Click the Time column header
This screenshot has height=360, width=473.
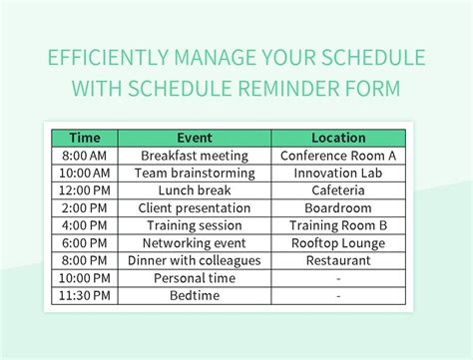(83, 139)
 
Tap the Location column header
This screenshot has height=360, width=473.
(338, 139)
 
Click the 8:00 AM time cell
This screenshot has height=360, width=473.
(83, 157)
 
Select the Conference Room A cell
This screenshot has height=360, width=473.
(338, 157)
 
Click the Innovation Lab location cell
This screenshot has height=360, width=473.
(338, 174)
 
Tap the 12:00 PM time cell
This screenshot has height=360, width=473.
(83, 191)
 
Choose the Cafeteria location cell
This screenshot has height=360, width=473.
(338, 191)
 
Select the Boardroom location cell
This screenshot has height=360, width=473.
(338, 208)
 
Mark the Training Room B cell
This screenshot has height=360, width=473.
(338, 226)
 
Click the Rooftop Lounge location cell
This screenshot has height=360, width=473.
(338, 243)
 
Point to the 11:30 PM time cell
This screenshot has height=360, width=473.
(83, 296)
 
